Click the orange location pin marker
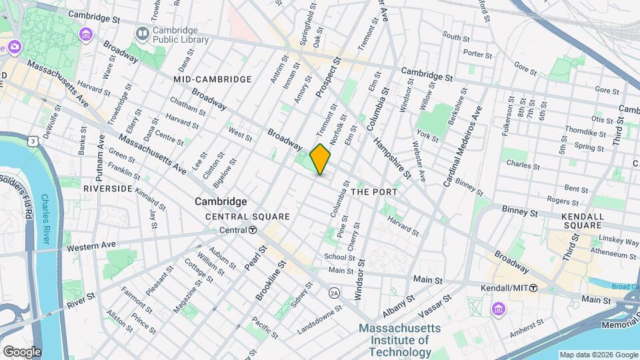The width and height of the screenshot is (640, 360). tap(321, 159)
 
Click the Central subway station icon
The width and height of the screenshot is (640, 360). tap(253, 230)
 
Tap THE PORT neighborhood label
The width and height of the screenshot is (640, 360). tap(374, 192)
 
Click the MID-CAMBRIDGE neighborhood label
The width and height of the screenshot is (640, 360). tap(212, 79)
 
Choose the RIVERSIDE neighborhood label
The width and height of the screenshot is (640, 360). tap(107, 189)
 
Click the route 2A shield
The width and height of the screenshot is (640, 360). tap(334, 293)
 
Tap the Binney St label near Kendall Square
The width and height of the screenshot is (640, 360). tap(520, 213)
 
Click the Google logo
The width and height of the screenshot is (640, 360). tap(22, 351)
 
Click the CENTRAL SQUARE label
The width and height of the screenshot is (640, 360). tap(247, 217)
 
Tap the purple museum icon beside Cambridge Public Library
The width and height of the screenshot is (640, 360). tap(86, 34)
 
